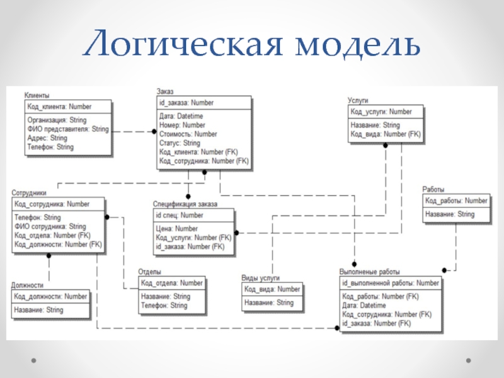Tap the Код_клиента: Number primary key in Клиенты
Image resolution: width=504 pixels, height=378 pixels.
[x=59, y=106]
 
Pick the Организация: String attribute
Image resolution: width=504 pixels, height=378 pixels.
[x=57, y=119]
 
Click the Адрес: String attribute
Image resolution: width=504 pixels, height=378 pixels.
[x=47, y=137]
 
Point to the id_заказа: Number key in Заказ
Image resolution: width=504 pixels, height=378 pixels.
[x=186, y=103]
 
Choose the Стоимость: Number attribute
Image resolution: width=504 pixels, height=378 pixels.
[x=188, y=134]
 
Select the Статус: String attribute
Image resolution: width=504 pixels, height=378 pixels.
[x=180, y=143]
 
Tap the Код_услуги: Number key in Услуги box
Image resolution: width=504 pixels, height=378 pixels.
[x=381, y=112]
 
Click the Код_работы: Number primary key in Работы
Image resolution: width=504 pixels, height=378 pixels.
[x=456, y=201]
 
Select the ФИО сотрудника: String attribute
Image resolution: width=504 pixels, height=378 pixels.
[x=50, y=226]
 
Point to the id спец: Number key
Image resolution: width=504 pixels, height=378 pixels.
[x=180, y=215]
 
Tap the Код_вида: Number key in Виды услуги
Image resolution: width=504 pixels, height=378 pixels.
[x=272, y=289]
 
